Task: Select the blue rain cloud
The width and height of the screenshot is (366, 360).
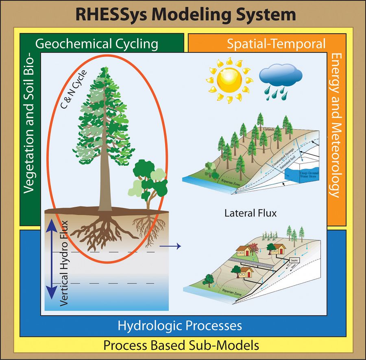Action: click(x=281, y=75)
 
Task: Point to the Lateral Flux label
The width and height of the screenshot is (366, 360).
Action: click(x=250, y=213)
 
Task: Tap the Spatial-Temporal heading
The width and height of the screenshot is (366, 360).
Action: click(x=276, y=43)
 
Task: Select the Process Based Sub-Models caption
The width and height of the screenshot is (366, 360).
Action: click(x=181, y=346)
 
